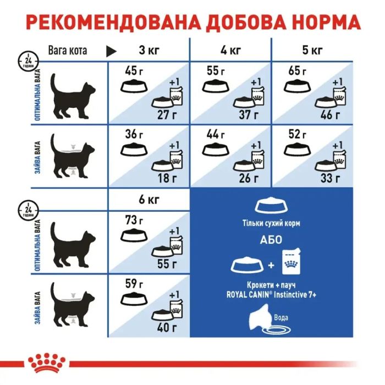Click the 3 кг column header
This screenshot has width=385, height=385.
point(148,51)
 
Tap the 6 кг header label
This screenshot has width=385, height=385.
point(148,200)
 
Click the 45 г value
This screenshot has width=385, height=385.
point(130,70)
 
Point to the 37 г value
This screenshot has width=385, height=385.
point(248,114)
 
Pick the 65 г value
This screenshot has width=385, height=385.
point(296,70)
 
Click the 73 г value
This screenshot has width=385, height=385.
point(130,220)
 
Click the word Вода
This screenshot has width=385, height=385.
point(281,317)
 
